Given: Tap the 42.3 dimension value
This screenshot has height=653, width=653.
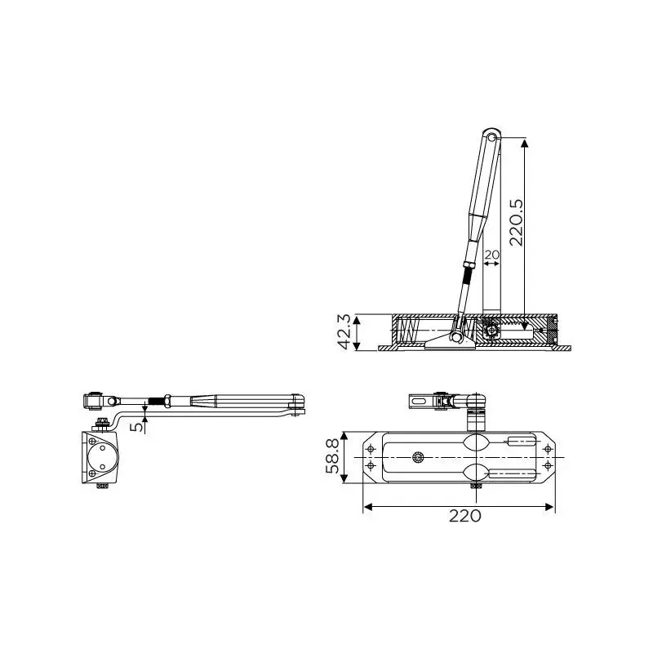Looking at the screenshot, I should point(345,332).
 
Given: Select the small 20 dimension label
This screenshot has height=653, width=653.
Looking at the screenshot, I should point(491,255).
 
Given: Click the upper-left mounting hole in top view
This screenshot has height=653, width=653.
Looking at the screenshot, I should point(372,450).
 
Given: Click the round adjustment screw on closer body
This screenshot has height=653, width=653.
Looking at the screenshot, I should point(419,458).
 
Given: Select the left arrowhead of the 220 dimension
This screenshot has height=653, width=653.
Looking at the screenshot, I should point(366,507).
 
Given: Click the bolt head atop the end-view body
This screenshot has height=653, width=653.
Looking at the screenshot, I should point(102,422).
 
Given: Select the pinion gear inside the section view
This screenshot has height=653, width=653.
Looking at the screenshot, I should point(491,330).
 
